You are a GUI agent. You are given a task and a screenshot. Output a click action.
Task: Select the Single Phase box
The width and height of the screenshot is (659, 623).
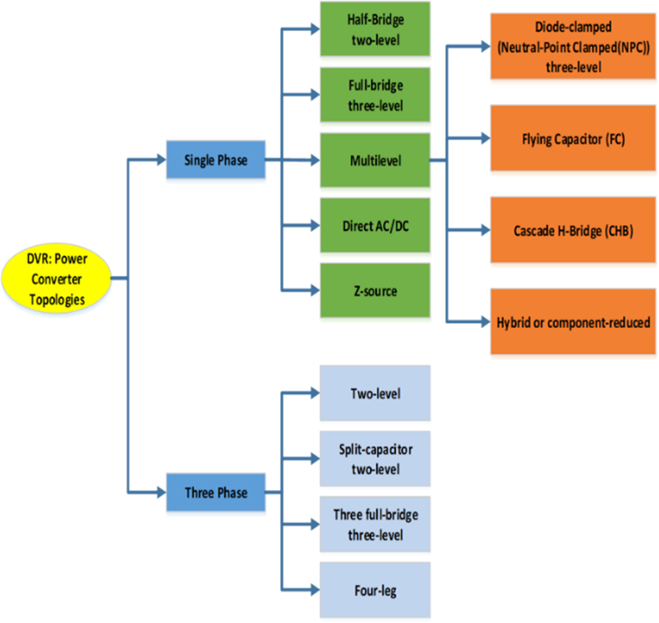[215, 160]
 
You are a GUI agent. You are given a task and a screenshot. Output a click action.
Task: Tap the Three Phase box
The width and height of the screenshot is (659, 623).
[215, 492]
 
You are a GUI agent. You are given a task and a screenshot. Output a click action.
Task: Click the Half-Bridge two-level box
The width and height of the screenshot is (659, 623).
[375, 29]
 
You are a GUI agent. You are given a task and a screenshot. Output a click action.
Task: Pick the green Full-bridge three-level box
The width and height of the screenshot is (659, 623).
[375, 95]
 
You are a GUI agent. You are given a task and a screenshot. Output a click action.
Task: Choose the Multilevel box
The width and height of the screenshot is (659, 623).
[375, 160]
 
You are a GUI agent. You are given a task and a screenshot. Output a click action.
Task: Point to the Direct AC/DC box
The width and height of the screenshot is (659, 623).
[375, 226]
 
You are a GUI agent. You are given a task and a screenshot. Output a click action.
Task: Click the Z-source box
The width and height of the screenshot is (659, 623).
[375, 291]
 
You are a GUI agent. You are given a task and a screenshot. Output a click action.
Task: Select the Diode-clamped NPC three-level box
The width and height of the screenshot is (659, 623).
[573, 46]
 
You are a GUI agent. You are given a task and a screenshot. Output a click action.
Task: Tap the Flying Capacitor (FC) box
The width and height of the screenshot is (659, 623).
[573, 138]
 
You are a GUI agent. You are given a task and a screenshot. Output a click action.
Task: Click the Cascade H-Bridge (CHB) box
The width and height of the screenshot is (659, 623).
[573, 230]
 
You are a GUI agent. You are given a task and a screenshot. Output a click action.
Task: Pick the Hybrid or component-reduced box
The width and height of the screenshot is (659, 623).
[573, 322]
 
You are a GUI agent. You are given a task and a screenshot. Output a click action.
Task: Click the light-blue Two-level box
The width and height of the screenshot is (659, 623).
[375, 393]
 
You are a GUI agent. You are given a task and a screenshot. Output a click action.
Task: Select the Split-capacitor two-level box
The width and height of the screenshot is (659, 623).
[375, 459]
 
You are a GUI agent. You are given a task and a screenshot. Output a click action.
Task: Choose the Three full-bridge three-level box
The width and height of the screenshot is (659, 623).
[375, 524]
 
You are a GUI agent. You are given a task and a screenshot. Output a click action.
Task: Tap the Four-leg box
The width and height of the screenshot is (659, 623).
[375, 590]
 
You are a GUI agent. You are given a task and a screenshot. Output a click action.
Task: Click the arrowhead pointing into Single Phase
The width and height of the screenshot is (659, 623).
[161, 160]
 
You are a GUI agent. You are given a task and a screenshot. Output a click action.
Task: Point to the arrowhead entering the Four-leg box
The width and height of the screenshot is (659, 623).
[315, 590]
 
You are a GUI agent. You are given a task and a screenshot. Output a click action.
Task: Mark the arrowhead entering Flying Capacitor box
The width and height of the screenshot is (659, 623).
[485, 138]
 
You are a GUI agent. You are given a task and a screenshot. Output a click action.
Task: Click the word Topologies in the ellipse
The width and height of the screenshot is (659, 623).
[57, 299]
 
